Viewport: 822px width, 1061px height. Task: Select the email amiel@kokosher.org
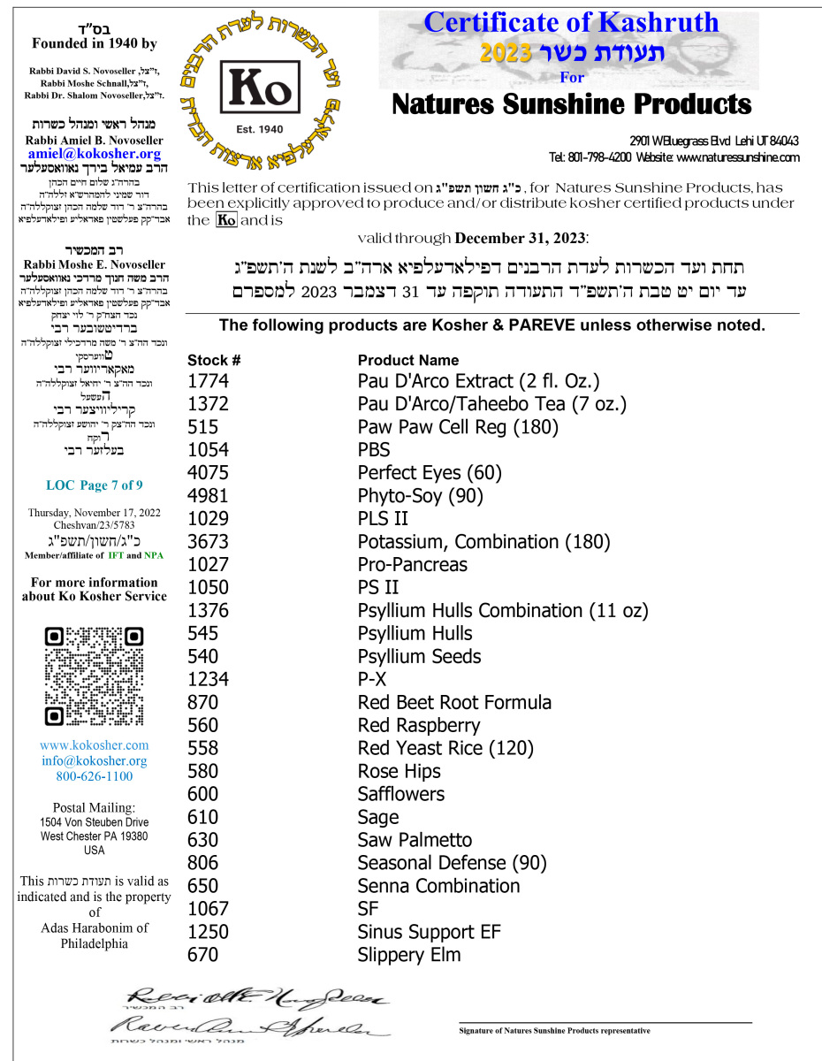coord(95,154)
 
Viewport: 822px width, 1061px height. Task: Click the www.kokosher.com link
coord(95,745)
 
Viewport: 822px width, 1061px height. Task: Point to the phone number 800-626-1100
coord(95,776)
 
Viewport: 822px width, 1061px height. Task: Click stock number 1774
coord(209,381)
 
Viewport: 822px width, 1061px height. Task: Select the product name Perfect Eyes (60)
coord(430,473)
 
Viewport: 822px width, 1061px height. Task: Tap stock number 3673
coord(209,542)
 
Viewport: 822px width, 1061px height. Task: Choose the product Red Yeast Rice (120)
coord(445,748)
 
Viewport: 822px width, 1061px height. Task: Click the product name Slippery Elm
coord(409,955)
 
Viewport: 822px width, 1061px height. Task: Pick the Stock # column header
coord(214,360)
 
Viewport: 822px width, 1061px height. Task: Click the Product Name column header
coord(408,360)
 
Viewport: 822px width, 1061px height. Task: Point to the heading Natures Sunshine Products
coord(571,105)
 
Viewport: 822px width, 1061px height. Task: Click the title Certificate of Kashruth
coord(571,22)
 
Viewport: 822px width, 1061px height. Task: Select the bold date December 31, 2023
coord(521,239)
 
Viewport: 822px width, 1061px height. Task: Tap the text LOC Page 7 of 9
coord(95,485)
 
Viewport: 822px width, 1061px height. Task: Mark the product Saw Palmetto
coord(415,840)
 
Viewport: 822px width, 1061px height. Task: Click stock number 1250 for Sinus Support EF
coord(209,932)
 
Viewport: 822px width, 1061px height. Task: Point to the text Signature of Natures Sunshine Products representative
coord(554,1031)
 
